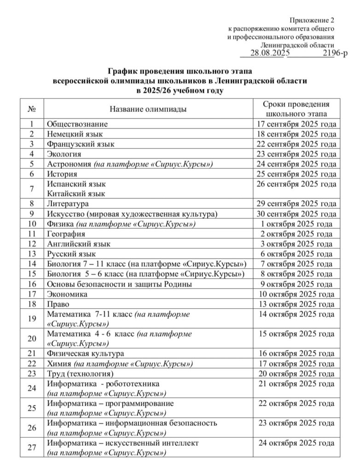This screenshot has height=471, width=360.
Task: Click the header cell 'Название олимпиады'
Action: click(x=148, y=109)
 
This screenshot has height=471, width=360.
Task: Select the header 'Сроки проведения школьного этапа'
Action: click(x=296, y=109)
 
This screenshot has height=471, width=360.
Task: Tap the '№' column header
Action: click(x=32, y=109)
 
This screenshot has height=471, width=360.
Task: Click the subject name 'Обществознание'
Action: click(x=77, y=124)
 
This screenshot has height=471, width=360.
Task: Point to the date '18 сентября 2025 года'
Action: click(x=296, y=134)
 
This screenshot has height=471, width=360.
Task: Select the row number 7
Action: click(x=32, y=189)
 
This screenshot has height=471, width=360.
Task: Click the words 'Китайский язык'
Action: click(x=76, y=194)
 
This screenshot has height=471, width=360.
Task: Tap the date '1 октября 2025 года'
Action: click(x=296, y=224)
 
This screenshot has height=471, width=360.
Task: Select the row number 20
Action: click(x=32, y=339)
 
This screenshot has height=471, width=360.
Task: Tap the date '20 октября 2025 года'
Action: click(x=296, y=373)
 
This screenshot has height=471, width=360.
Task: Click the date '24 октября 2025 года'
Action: click(x=296, y=443)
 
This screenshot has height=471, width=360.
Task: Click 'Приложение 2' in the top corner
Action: click(x=312, y=20)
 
